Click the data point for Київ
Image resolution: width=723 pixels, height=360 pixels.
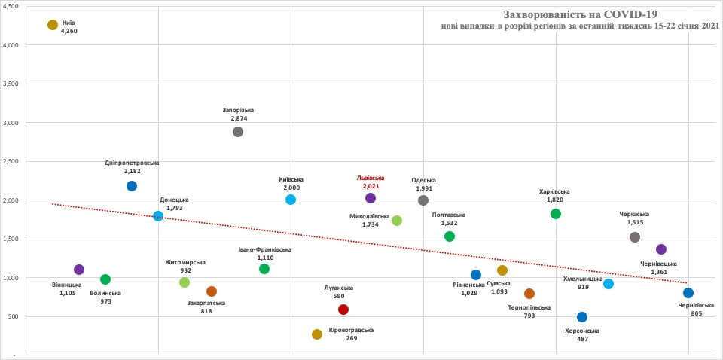pos(53,25)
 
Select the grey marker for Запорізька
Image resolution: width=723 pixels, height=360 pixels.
pos(238,132)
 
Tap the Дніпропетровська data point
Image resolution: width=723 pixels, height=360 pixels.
pos(132,186)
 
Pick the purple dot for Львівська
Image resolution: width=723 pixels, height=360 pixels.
pos(371,198)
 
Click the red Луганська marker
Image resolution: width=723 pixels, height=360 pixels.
pos(343,310)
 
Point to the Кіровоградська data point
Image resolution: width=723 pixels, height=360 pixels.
pos(317,334)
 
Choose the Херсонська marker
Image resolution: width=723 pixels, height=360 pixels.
pos(582,317)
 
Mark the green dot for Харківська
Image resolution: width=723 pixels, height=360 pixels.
pos(556,214)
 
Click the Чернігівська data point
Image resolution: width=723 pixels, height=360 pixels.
pos(688,293)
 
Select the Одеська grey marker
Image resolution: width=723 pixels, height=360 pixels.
pos(423,200)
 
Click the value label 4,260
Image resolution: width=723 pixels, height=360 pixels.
pos(69,32)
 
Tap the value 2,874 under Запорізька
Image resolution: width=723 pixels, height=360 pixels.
pos(239,118)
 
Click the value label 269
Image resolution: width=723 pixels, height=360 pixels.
pos(351,339)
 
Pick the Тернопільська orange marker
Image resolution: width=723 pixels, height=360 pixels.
pos(529,294)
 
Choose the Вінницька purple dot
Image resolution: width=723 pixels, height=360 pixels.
pos(79,270)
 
